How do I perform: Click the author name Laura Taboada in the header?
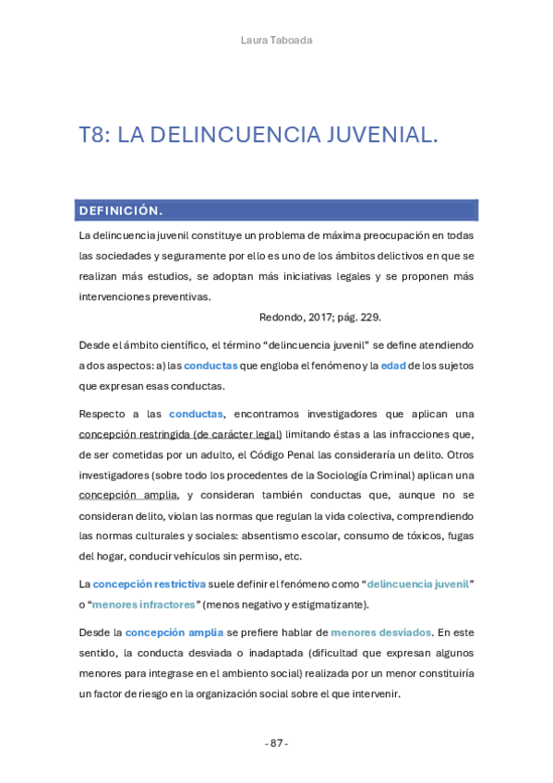[276, 39]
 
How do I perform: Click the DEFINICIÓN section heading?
[121, 211]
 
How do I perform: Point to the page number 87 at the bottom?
[276, 743]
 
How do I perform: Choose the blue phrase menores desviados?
[380, 632]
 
